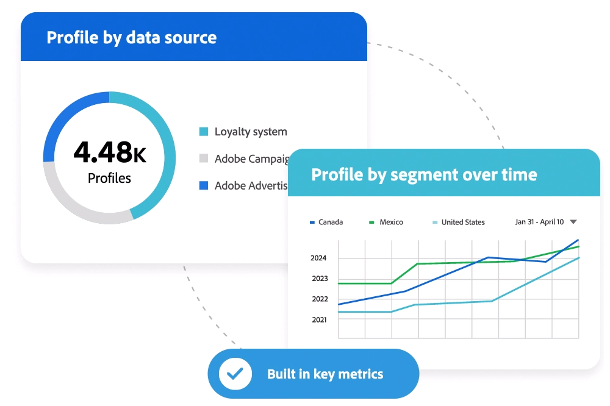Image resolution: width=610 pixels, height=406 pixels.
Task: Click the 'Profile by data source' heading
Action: (131, 37)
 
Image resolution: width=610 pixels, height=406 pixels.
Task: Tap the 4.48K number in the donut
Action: (110, 152)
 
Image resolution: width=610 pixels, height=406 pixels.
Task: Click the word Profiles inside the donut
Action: (109, 179)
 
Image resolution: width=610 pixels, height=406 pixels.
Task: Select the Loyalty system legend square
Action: (204, 132)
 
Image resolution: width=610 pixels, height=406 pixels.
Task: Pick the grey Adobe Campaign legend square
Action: (204, 158)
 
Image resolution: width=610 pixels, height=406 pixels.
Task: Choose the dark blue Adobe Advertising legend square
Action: (204, 185)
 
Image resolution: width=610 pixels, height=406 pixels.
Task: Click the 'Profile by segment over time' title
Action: (424, 175)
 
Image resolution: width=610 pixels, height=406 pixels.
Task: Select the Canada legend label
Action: (330, 223)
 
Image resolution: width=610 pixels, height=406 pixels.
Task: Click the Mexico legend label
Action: (391, 223)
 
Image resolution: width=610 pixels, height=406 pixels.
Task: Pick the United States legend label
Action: (462, 223)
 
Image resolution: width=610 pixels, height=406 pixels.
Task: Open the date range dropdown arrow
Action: (573, 222)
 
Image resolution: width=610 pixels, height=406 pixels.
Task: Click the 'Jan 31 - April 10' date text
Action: (539, 222)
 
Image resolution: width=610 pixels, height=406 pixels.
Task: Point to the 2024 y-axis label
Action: (318, 258)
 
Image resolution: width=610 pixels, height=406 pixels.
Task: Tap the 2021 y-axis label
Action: (318, 319)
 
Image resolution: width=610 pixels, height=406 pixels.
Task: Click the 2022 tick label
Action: (318, 299)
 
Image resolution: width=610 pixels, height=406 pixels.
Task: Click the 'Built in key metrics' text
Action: (325, 374)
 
